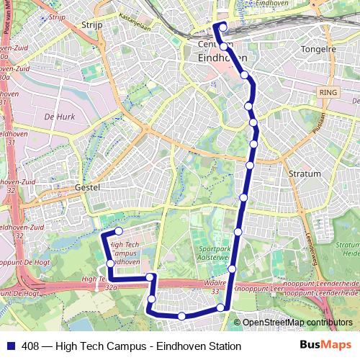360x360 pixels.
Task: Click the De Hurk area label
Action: point(59,116)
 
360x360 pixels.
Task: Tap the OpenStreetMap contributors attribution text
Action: point(297,322)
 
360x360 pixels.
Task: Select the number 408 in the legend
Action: point(30,346)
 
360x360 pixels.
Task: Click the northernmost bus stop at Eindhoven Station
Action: point(222,27)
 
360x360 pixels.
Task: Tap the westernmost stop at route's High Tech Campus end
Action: point(109,264)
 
